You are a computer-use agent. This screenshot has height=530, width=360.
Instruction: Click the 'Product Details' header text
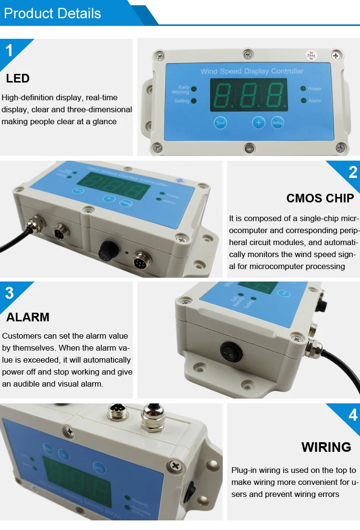pyautogui.click(x=52, y=13)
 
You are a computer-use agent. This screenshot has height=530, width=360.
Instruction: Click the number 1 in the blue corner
pyautogui.click(x=9, y=50)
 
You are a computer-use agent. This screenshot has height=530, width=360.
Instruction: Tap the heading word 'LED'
pyautogui.click(x=18, y=78)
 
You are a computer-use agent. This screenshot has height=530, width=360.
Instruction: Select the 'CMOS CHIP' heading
pyautogui.click(x=320, y=198)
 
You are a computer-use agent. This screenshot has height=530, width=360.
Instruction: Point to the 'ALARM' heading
pyautogui.click(x=28, y=317)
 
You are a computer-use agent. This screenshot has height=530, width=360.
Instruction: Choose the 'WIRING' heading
pyautogui.click(x=326, y=447)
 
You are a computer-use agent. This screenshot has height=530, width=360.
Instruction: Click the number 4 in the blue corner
pyautogui.click(x=353, y=414)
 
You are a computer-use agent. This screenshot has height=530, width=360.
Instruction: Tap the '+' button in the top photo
pyautogui.click(x=259, y=123)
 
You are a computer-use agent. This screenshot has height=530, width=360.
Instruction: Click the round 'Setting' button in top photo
pyautogui.click(x=277, y=123)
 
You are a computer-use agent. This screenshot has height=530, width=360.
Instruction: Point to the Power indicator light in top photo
pyautogui.click(x=303, y=89)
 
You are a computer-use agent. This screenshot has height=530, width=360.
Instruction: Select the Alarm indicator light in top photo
pyautogui.click(x=303, y=101)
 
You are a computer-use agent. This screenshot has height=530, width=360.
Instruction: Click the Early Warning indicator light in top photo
pyautogui.click(x=193, y=89)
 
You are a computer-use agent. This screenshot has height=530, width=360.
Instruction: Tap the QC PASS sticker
pyautogui.click(x=312, y=56)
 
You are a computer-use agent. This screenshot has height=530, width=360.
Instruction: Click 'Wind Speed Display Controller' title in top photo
pyautogui.click(x=252, y=71)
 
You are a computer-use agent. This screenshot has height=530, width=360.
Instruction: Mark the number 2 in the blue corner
pyautogui.click(x=353, y=172)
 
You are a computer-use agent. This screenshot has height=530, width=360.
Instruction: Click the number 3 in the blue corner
pyautogui.click(x=9, y=293)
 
